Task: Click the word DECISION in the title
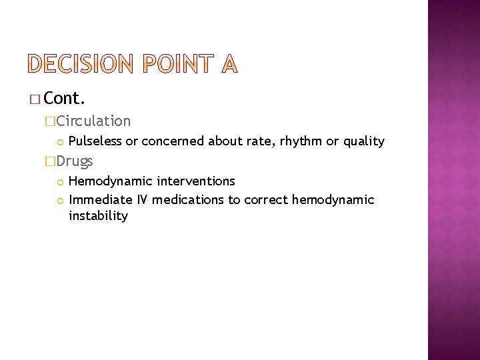pyautogui.click(x=79, y=63)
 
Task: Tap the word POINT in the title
pyautogui.click(x=175, y=63)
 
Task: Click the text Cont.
pyautogui.click(x=65, y=99)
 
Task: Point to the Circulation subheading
pyautogui.click(x=93, y=121)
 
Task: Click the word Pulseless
pyautogui.click(x=96, y=141)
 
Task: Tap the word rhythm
pyautogui.click(x=311, y=141)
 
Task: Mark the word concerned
pyautogui.click(x=173, y=141)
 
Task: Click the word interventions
pyautogui.click(x=196, y=181)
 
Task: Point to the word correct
pyautogui.click(x=265, y=199)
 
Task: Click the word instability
pyautogui.click(x=98, y=216)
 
